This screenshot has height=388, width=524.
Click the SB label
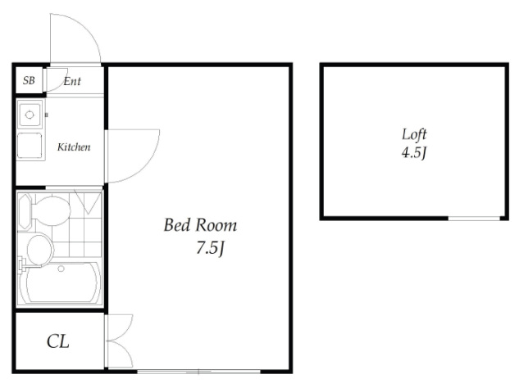(29, 80)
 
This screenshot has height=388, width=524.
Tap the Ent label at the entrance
(72, 81)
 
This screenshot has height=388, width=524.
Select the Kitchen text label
(74, 147)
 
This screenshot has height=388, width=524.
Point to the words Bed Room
(200, 225)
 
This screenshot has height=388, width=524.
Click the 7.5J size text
(210, 248)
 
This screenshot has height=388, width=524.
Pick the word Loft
(414, 134)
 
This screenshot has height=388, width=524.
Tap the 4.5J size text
(414, 153)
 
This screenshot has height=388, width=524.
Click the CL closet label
(58, 341)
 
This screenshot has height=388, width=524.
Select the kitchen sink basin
(30, 115)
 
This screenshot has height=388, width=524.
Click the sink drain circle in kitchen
(30, 115)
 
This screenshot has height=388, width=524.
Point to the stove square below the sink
(30, 146)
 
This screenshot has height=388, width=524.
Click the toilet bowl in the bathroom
(52, 211)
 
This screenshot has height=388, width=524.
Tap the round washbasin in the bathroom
(39, 250)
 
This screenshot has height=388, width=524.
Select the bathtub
(60, 282)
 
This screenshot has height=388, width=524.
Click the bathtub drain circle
(61, 268)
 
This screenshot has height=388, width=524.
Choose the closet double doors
(119, 341)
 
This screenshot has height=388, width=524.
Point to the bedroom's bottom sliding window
(198, 372)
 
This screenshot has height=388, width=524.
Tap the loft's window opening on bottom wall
(474, 219)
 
